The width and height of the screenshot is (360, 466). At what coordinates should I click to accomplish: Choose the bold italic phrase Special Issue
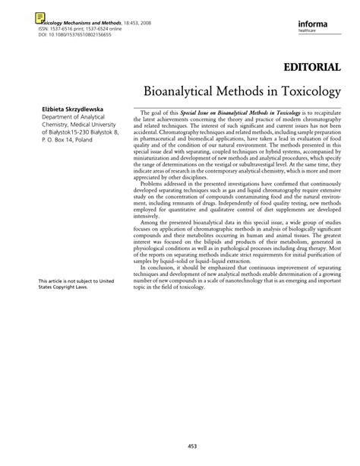point(200,111)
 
